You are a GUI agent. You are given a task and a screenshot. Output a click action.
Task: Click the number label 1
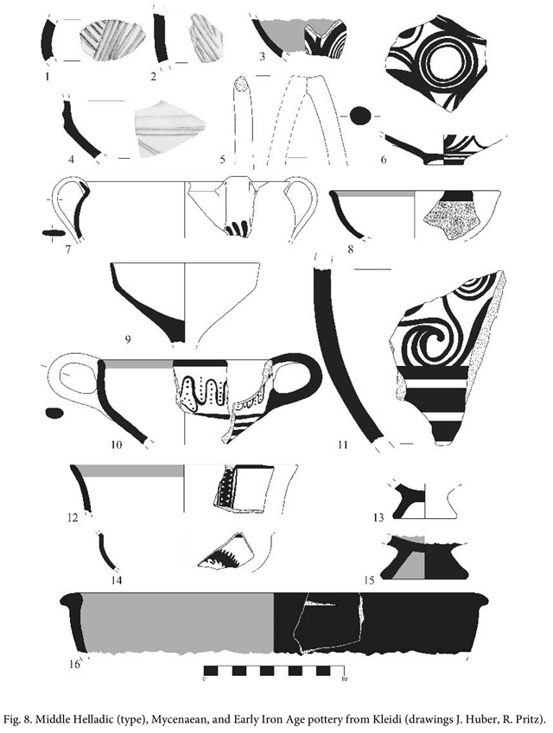tap(47, 75)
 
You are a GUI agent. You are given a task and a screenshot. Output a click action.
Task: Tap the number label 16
tap(75, 663)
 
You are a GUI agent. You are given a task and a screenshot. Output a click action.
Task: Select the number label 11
tap(343, 444)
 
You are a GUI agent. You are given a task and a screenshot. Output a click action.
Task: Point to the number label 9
tap(127, 339)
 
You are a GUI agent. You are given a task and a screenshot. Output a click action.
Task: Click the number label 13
tap(378, 517)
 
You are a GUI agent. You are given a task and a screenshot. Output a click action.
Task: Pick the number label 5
tap(223, 160)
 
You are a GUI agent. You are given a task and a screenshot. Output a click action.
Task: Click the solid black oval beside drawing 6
tap(360, 116)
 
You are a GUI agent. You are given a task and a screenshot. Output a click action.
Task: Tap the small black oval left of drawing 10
tap(54, 413)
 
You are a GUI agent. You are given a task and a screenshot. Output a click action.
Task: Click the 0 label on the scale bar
tap(205, 679)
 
